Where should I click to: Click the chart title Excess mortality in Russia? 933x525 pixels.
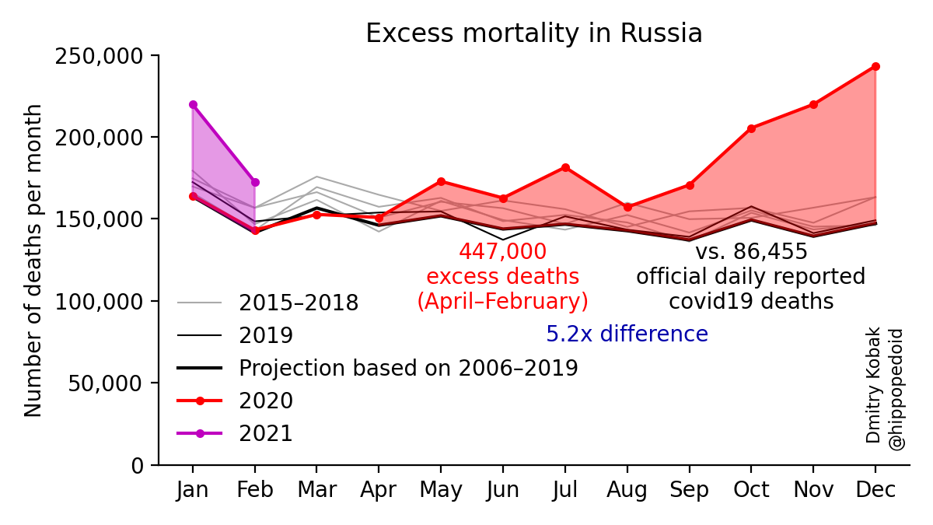533,33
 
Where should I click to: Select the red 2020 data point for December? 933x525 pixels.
875,66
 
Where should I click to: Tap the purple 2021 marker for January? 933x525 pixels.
193,104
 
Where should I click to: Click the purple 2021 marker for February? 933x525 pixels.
255,182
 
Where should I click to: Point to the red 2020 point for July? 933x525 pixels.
565,167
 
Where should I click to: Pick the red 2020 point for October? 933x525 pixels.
751,128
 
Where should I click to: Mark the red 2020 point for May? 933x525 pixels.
441,181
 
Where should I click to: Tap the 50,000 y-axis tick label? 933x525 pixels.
107,383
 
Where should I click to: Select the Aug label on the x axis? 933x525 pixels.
627,490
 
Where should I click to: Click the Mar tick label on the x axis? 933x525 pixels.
316,490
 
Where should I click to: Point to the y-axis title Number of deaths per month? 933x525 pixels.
33,260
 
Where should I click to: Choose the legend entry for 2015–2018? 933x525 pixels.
298,303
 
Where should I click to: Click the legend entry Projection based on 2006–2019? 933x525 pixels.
407,368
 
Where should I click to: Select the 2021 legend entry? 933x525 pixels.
265,433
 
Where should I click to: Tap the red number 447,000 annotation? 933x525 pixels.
502,252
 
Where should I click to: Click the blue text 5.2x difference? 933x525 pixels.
627,334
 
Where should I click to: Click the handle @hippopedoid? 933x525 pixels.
896,389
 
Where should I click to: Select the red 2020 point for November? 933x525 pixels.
813,104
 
